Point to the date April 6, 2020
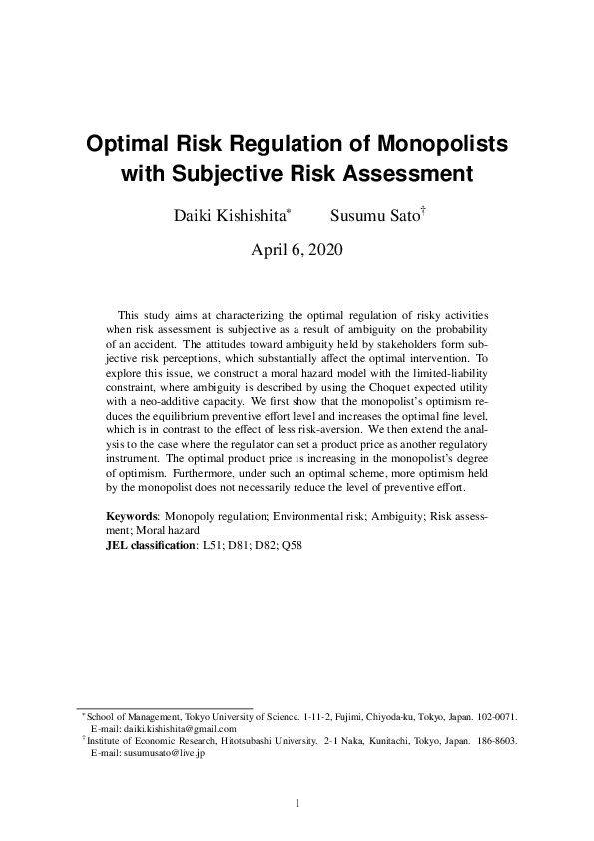[x=297, y=250]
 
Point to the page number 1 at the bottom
[x=297, y=802]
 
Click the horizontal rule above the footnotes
[x=165, y=707]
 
